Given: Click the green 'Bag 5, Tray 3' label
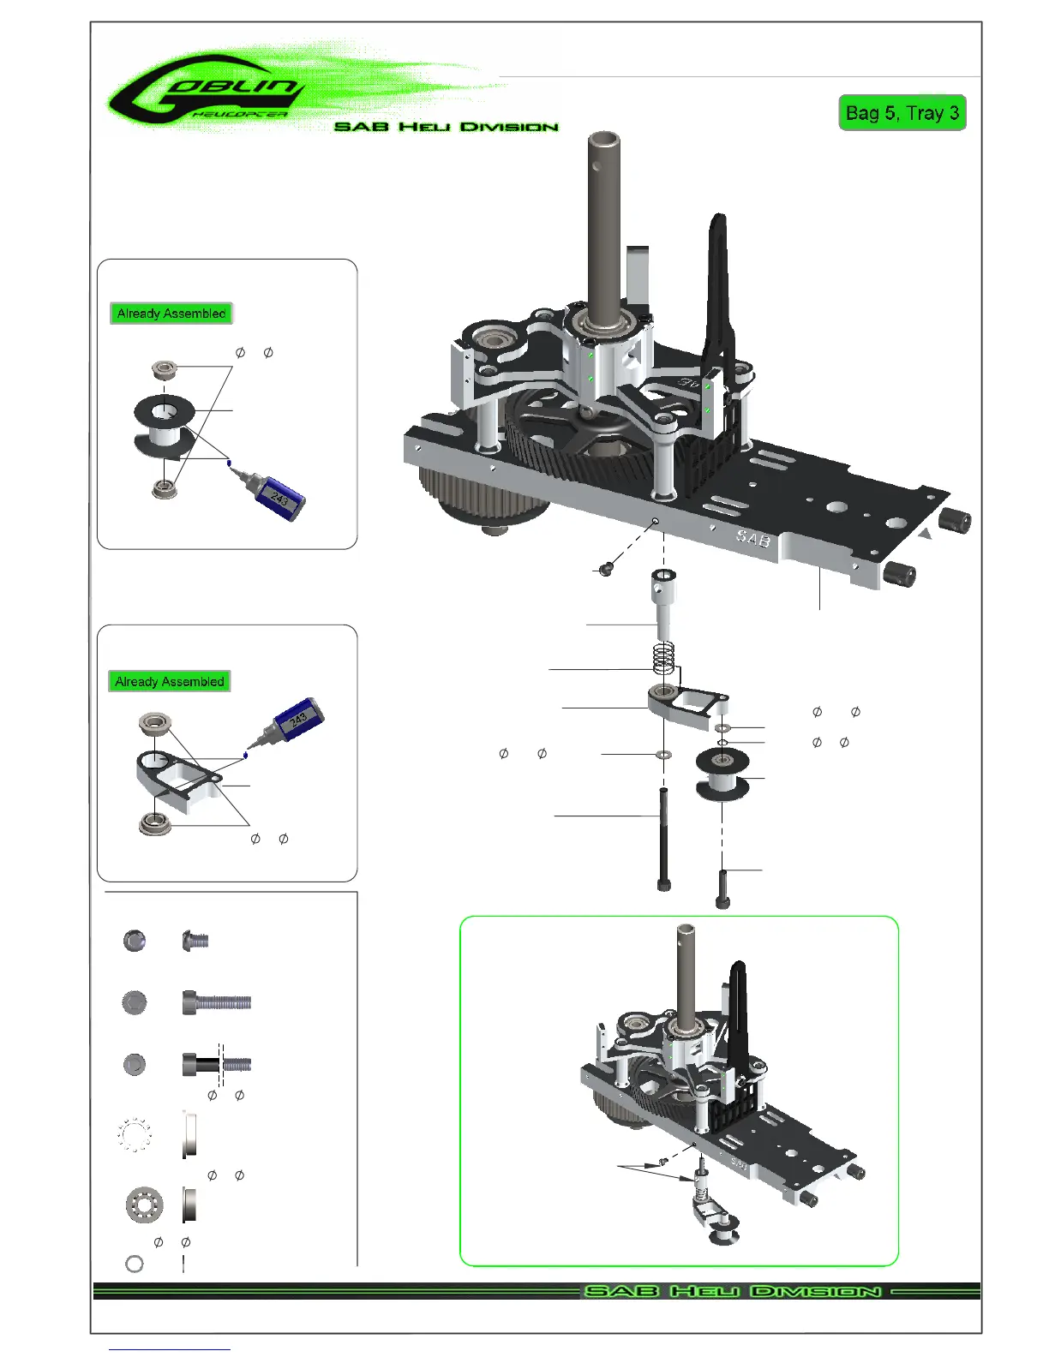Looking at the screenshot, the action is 902,113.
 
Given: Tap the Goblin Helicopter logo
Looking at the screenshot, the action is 207,93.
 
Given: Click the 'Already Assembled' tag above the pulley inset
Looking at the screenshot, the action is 171,314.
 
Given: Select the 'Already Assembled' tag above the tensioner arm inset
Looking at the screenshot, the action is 170,681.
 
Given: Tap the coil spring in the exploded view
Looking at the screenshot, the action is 663,658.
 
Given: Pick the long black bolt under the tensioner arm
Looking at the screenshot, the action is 663,840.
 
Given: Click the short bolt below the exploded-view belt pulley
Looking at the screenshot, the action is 722,889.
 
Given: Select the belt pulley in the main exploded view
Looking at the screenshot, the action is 722,774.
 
